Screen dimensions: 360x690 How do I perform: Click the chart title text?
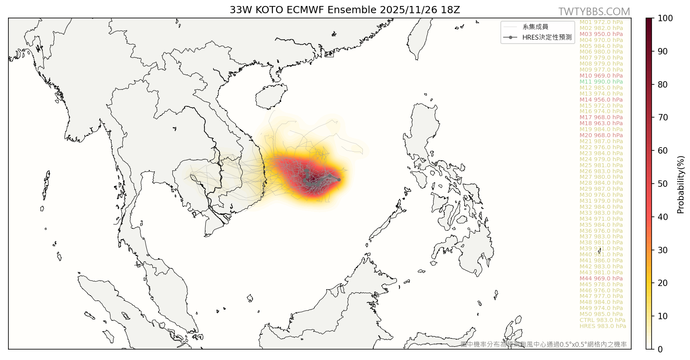coord(344,10)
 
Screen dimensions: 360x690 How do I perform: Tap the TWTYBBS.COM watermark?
coord(594,12)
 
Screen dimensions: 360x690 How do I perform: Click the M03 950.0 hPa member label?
coord(601,34)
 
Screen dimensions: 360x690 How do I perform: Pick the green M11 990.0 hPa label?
coord(601,82)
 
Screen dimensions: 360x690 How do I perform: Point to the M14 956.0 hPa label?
coord(601,100)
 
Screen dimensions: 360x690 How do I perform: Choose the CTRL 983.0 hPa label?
coord(602,320)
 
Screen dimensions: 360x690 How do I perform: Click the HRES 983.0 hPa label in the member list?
coord(602,326)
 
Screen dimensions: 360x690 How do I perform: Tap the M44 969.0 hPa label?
coord(601,278)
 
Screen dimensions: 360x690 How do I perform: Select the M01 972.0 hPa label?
coord(601,22)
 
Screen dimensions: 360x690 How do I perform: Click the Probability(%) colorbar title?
coord(680,184)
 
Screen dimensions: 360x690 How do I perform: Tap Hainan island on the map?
coord(271,97)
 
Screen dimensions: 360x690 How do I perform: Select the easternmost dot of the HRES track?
coord(339,180)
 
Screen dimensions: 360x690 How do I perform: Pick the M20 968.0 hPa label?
coord(601,135)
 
